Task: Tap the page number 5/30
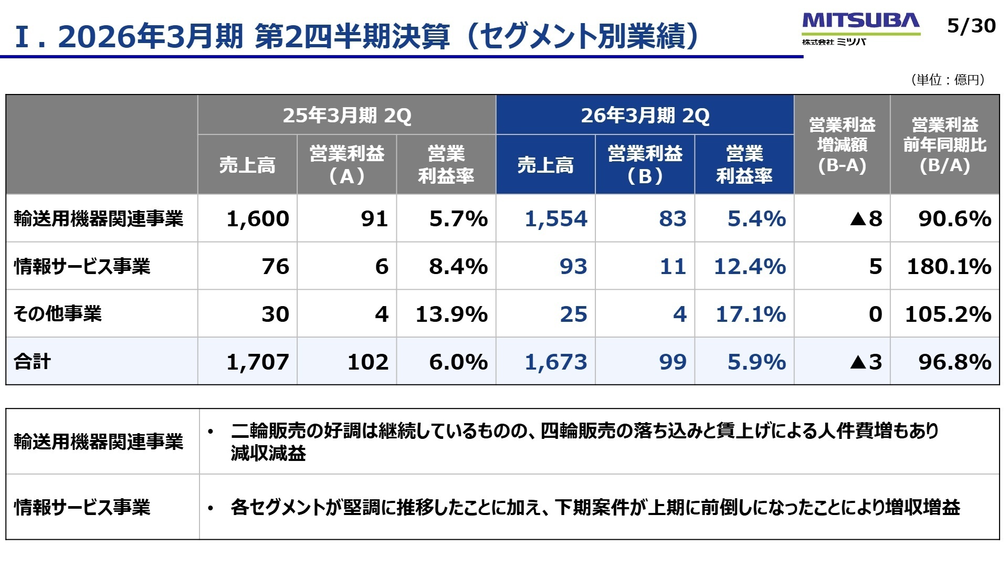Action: [x=971, y=26]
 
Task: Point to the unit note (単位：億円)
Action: [x=948, y=80]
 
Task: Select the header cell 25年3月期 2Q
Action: [x=346, y=115]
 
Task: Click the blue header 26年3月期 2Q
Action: [x=645, y=115]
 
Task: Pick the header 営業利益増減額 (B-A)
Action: [x=842, y=145]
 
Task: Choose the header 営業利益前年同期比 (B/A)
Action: [x=944, y=145]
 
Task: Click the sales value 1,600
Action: [x=257, y=218]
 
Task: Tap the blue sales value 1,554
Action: [x=555, y=218]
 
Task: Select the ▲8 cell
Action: [x=866, y=218]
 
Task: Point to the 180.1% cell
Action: [x=949, y=266]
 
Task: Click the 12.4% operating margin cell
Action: [x=749, y=266]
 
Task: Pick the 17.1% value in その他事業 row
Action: [x=750, y=314]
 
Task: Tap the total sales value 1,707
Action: [x=257, y=362]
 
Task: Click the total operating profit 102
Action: [x=367, y=362]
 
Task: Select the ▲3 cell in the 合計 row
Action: [x=866, y=362]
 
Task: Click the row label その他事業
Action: [x=58, y=314]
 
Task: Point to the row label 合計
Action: [x=33, y=362]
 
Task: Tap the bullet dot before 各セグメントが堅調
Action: [x=211, y=508]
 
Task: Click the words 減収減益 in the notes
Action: [x=268, y=453]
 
